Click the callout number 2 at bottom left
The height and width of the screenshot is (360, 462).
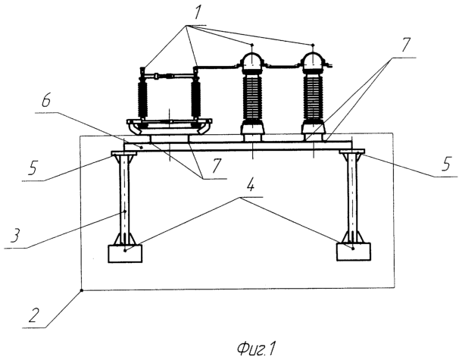34,314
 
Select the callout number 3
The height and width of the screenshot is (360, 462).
16,236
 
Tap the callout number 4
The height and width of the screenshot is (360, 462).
250,185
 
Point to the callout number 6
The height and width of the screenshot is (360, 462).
45,101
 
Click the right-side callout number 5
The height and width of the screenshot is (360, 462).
446,164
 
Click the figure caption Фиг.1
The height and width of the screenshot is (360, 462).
256,349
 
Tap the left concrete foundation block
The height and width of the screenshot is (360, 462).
125,254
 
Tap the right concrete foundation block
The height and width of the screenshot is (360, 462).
354,252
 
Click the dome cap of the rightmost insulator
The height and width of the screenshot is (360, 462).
313,61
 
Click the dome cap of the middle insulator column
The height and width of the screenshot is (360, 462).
252,61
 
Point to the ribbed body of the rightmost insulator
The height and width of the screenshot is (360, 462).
313,97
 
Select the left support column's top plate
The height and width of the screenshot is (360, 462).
123,153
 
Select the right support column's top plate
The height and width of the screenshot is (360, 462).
352,152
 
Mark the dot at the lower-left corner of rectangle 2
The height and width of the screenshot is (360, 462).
82,291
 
